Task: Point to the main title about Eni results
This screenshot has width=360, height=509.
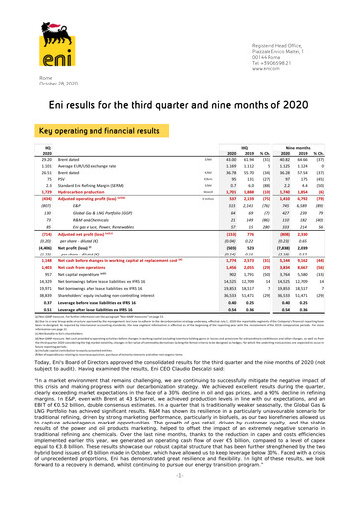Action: [180, 108]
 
